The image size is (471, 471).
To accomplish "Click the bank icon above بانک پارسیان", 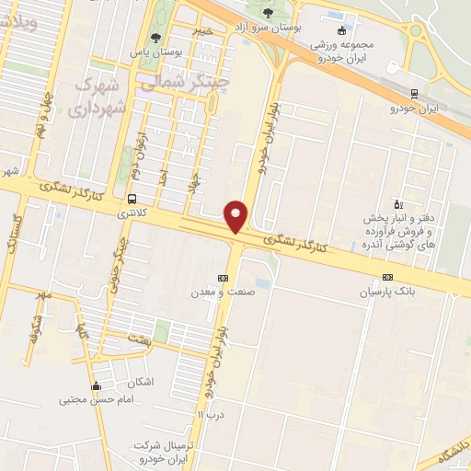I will [x=387, y=277].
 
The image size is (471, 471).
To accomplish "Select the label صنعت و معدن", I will [x=223, y=293].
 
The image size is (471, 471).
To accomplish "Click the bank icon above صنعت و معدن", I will [x=223, y=278].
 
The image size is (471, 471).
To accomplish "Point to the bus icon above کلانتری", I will [x=133, y=199].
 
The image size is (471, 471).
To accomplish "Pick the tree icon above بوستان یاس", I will [x=155, y=38].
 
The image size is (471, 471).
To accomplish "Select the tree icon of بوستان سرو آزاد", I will [x=268, y=13].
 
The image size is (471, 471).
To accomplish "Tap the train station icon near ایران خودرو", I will [x=413, y=94].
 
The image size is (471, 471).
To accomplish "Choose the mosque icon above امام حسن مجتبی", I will [x=97, y=385].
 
